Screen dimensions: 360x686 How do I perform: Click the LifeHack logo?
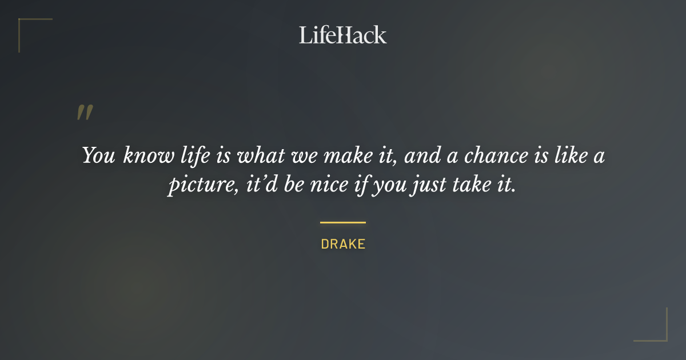pyautogui.click(x=342, y=35)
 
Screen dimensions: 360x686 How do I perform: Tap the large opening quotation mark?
pyautogui.click(x=85, y=113)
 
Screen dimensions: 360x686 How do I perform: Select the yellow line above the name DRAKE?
pyautogui.click(x=342, y=222)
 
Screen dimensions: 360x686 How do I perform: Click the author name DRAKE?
pyautogui.click(x=343, y=245)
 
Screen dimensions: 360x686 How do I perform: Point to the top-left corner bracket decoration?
pyautogui.click(x=26, y=26)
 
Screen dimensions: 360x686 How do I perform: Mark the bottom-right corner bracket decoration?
pyautogui.click(x=660, y=334)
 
